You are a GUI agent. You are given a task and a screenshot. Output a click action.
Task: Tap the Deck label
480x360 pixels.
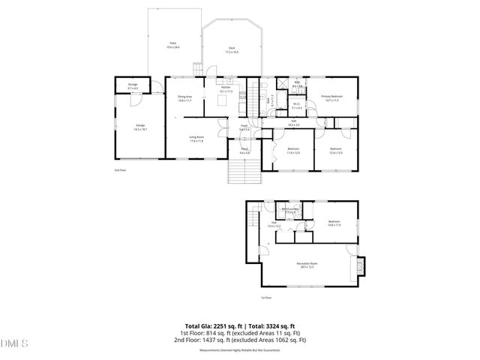tap(232, 49)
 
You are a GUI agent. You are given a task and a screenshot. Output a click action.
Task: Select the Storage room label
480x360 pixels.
tap(133, 86)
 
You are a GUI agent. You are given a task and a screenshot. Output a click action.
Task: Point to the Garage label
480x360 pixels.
tap(139, 126)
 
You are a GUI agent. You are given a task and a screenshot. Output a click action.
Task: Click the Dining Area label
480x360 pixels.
tap(184, 97)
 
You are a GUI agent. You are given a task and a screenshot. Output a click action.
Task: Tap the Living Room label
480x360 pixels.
tap(196, 137)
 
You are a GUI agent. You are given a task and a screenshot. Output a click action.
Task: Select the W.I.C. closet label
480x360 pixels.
tap(297, 106)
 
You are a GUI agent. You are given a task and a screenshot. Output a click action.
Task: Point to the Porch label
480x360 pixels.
tap(244, 151)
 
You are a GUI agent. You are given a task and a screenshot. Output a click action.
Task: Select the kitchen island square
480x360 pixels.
tap(223, 100)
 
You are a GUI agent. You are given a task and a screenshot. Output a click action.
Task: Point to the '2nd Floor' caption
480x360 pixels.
tap(120, 170)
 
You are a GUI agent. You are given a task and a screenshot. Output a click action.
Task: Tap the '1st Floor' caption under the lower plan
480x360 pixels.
tap(265, 298)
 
